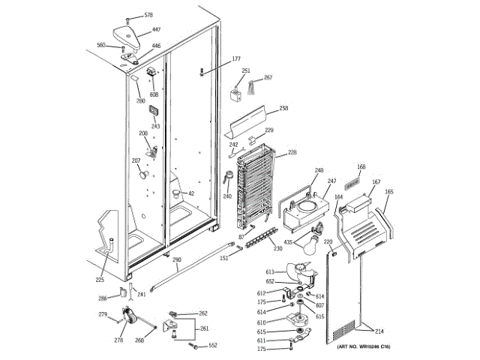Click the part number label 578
tap(148, 16)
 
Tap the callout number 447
tap(156, 30)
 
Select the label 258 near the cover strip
tap(283, 109)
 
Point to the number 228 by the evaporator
tap(292, 152)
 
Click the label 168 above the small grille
tap(361, 167)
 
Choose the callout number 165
tap(388, 192)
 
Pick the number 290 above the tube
tap(176, 260)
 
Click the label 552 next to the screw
tap(212, 346)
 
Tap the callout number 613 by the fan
tap(270, 271)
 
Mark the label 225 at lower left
tap(100, 280)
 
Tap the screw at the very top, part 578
tap(129, 17)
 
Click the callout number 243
tap(156, 126)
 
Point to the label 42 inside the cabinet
tap(191, 193)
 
